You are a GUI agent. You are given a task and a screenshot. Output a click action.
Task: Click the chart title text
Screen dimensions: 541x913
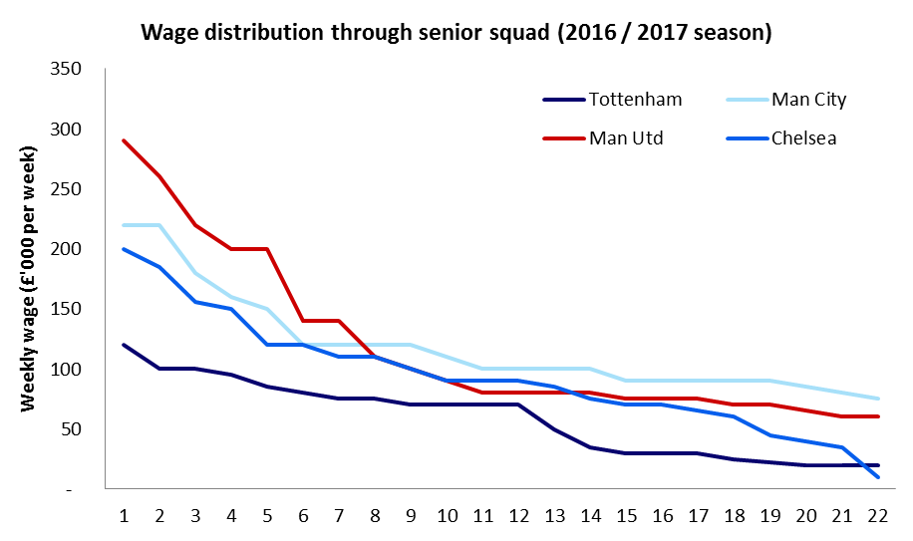[456, 32]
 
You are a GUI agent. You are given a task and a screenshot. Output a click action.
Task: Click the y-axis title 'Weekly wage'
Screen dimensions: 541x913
[28, 279]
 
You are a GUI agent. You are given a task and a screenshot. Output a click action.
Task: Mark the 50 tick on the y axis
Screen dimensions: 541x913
[71, 429]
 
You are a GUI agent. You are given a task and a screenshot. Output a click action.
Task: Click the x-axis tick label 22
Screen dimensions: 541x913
[877, 517]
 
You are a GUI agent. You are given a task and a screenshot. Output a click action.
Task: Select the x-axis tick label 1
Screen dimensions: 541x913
[124, 517]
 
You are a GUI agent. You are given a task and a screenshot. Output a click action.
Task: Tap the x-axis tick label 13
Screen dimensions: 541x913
[554, 517]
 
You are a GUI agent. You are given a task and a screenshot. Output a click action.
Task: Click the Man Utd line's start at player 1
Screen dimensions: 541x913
[124, 140]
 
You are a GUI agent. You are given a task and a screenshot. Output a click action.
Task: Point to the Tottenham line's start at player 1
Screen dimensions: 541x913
[124, 345]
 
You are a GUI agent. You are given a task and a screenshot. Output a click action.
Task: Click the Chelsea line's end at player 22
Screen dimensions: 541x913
[877, 477]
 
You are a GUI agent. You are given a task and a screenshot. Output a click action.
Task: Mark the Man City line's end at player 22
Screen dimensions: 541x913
[877, 399]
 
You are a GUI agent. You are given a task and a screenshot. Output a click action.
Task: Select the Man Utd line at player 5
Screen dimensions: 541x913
[267, 249]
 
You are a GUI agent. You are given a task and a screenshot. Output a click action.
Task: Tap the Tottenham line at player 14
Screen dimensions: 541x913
[590, 447]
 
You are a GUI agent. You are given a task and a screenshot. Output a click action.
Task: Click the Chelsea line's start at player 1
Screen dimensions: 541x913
[124, 249]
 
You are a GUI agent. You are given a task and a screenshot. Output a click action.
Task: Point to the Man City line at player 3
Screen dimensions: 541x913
[195, 273]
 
